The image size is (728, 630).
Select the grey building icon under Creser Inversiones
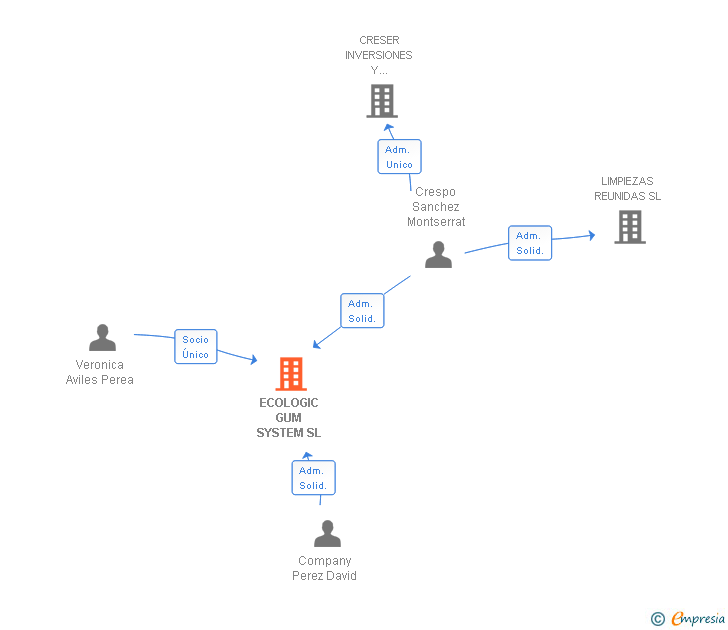(x=382, y=100)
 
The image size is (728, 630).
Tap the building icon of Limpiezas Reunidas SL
(x=630, y=227)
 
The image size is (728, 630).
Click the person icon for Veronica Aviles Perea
(x=102, y=338)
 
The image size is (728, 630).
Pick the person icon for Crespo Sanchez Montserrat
(x=438, y=255)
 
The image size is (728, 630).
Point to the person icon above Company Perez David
(x=327, y=534)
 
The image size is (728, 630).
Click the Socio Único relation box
(x=196, y=347)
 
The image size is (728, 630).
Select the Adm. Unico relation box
(x=399, y=157)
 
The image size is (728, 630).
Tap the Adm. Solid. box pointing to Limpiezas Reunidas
(x=530, y=243)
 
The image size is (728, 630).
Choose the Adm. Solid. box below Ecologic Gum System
(x=313, y=478)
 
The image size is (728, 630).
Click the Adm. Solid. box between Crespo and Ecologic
(x=362, y=311)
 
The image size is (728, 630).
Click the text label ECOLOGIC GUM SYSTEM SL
(x=289, y=418)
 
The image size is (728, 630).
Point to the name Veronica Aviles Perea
(x=100, y=372)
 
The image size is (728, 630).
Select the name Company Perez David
(x=324, y=568)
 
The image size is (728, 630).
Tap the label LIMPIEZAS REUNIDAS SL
(x=628, y=189)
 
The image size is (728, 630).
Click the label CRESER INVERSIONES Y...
(x=379, y=56)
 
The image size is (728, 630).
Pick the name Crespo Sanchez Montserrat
(x=436, y=207)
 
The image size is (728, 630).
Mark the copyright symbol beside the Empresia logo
(x=657, y=619)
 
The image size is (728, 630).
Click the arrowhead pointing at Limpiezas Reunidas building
(x=591, y=236)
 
